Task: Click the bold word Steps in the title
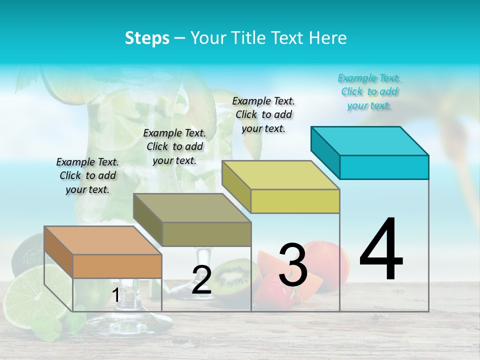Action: pos(147,38)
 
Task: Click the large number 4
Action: pos(381,250)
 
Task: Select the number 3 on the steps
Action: pos(293,265)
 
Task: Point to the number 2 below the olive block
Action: pos(201,280)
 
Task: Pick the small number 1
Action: pos(116,295)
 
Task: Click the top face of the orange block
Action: pos(103,240)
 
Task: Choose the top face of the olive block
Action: pos(192,208)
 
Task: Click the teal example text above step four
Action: pos(369,92)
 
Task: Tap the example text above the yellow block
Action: pos(263,114)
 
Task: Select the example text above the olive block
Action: pos(174,146)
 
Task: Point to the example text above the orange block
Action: pos(87,175)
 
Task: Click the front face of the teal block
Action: pos(384,167)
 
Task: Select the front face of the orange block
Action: pos(117,266)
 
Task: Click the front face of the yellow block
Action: pos(295,201)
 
